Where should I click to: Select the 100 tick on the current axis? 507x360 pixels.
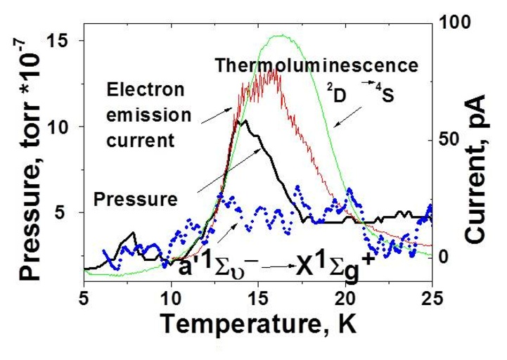(x=450, y=22)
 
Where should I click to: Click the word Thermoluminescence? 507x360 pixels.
(x=317, y=66)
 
